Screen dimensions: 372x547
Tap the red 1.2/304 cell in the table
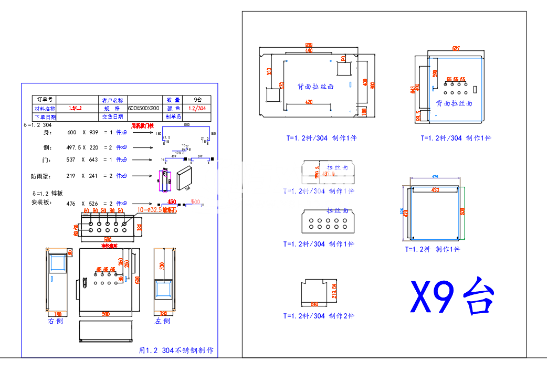point(197,108)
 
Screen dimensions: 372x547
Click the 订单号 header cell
point(44,99)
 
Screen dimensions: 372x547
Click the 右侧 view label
point(55,321)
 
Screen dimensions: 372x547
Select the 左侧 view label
point(162,321)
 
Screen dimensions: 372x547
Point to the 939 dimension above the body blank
point(309,45)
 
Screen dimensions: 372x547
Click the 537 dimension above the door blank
point(456,48)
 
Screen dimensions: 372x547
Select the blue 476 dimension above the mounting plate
point(435,177)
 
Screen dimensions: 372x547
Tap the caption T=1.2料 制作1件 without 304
point(432,249)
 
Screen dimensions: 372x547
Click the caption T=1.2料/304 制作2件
point(319,316)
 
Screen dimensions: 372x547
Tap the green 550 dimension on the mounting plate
point(462,211)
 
